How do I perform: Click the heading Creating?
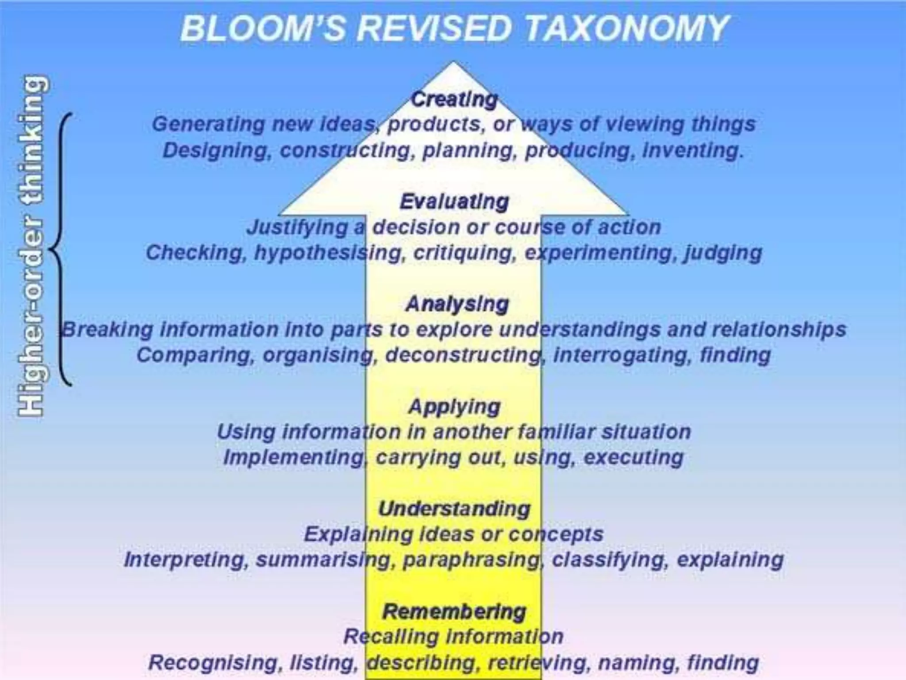(454, 99)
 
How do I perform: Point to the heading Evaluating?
(454, 202)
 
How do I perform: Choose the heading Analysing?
(457, 304)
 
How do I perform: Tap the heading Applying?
(454, 406)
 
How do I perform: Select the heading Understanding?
(454, 509)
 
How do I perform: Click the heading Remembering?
(454, 611)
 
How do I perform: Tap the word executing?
(633, 457)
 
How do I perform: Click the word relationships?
(779, 330)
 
